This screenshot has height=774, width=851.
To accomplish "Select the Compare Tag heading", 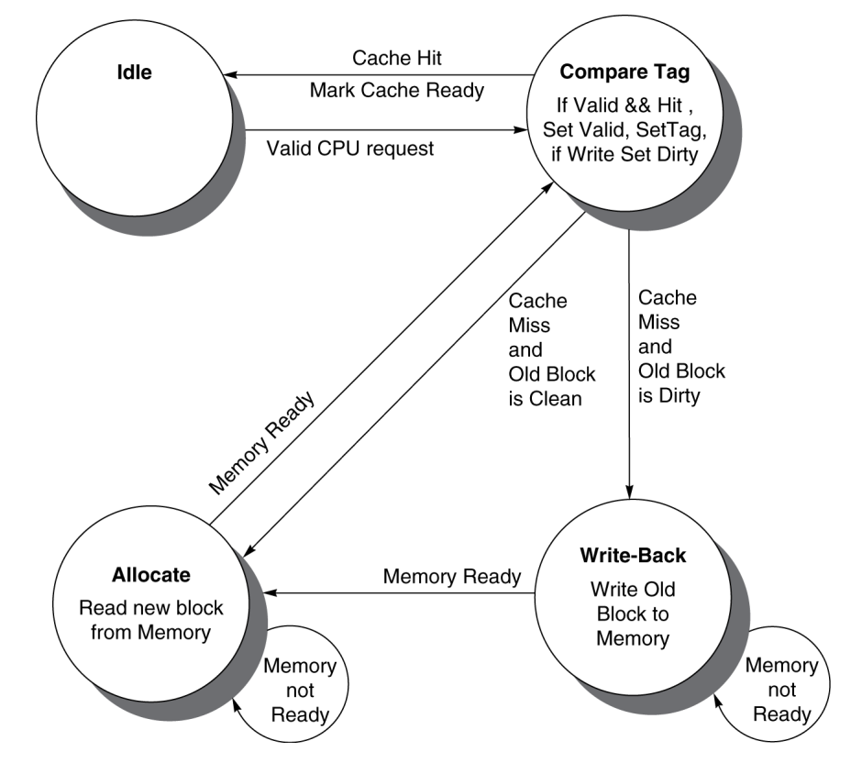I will [x=625, y=72].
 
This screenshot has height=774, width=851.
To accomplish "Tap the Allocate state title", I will [x=151, y=575].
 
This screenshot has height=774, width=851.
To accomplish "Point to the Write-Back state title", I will [x=633, y=557].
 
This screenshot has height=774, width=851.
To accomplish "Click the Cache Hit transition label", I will [x=397, y=59].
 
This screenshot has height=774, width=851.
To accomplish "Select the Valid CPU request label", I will [x=350, y=148].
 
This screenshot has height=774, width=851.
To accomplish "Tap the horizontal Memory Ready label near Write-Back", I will [x=452, y=577].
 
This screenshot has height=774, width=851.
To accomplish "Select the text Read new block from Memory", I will [x=151, y=619].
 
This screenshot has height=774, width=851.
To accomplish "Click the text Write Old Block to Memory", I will [x=633, y=613].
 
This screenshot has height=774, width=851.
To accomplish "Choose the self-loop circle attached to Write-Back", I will [x=779, y=690].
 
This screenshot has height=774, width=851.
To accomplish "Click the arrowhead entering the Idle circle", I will [x=236, y=75].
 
